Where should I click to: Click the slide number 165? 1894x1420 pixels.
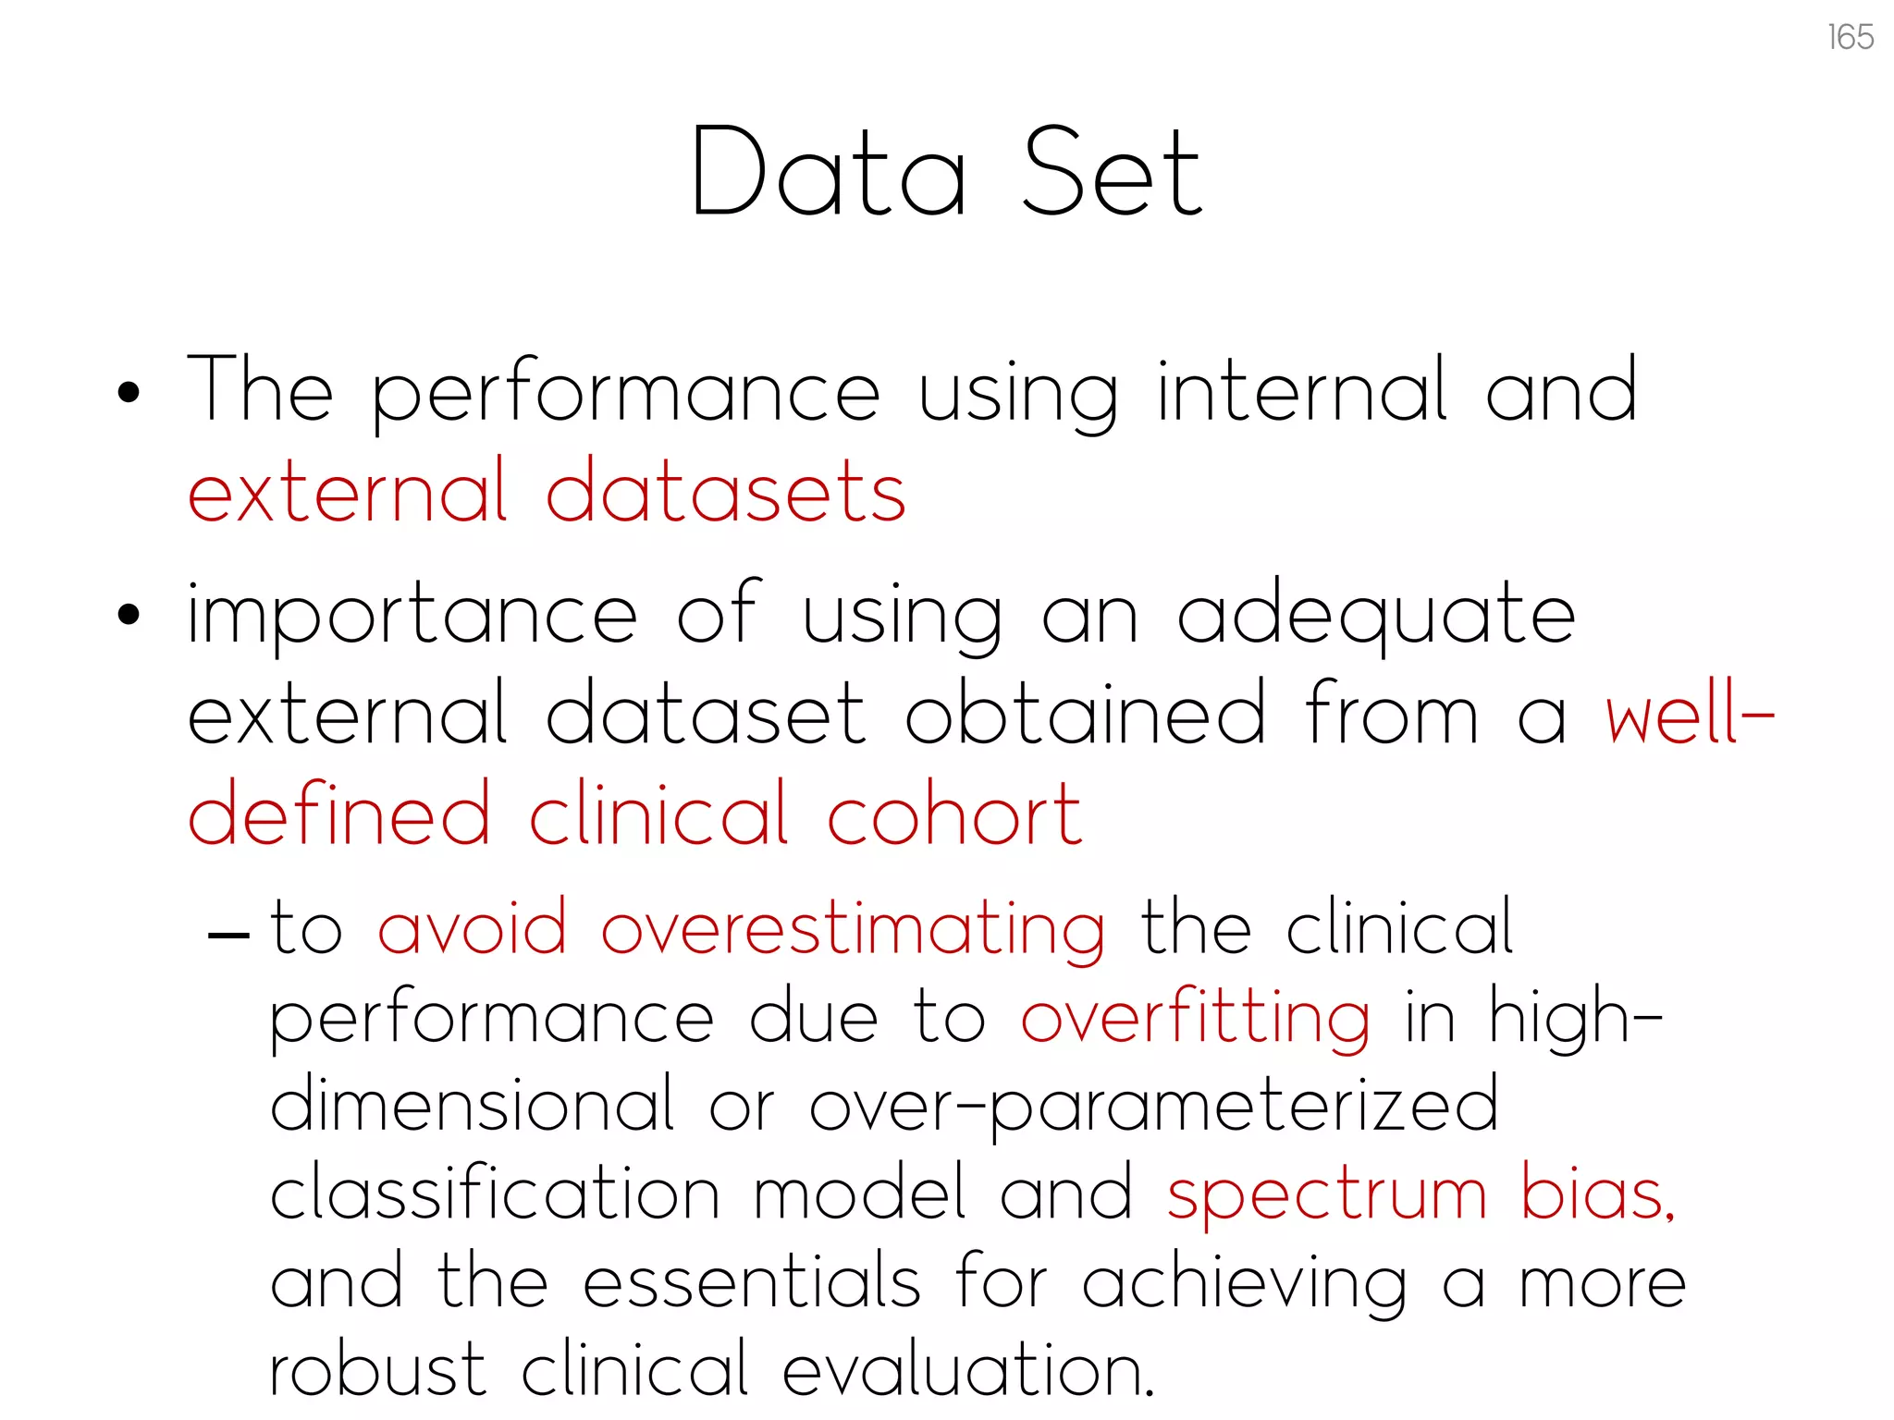coord(1851,38)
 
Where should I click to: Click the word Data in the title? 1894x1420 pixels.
coord(829,174)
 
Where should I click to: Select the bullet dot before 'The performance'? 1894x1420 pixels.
coord(129,392)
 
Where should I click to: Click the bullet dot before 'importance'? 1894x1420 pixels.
coord(129,615)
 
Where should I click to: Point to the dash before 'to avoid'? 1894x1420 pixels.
coord(228,935)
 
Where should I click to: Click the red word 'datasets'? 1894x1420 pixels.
coord(726,492)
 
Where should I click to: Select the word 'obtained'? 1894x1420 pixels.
coord(1085,714)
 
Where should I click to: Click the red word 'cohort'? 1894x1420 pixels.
coord(954,815)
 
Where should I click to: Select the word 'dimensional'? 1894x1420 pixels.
coord(473,1104)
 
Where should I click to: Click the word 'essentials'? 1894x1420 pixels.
coord(752,1282)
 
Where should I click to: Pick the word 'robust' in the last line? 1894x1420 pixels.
coord(377,1369)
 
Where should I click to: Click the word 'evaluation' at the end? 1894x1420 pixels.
coord(968,1369)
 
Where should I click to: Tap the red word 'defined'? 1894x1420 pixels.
coord(338,815)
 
